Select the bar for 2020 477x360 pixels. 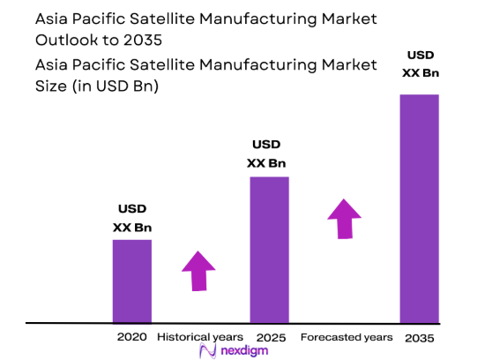click(x=131, y=281)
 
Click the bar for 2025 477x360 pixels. click(x=269, y=250)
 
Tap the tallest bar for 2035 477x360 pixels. click(x=419, y=208)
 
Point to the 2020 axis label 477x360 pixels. click(x=131, y=337)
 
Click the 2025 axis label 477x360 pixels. click(x=270, y=337)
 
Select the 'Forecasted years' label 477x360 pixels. click(x=346, y=337)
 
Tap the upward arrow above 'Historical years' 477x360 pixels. click(x=198, y=270)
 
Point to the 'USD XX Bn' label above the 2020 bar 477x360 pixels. click(x=132, y=218)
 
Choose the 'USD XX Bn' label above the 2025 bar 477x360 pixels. click(x=266, y=154)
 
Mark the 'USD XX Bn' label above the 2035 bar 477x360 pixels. click(x=420, y=65)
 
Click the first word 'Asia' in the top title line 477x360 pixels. click(x=54, y=19)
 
